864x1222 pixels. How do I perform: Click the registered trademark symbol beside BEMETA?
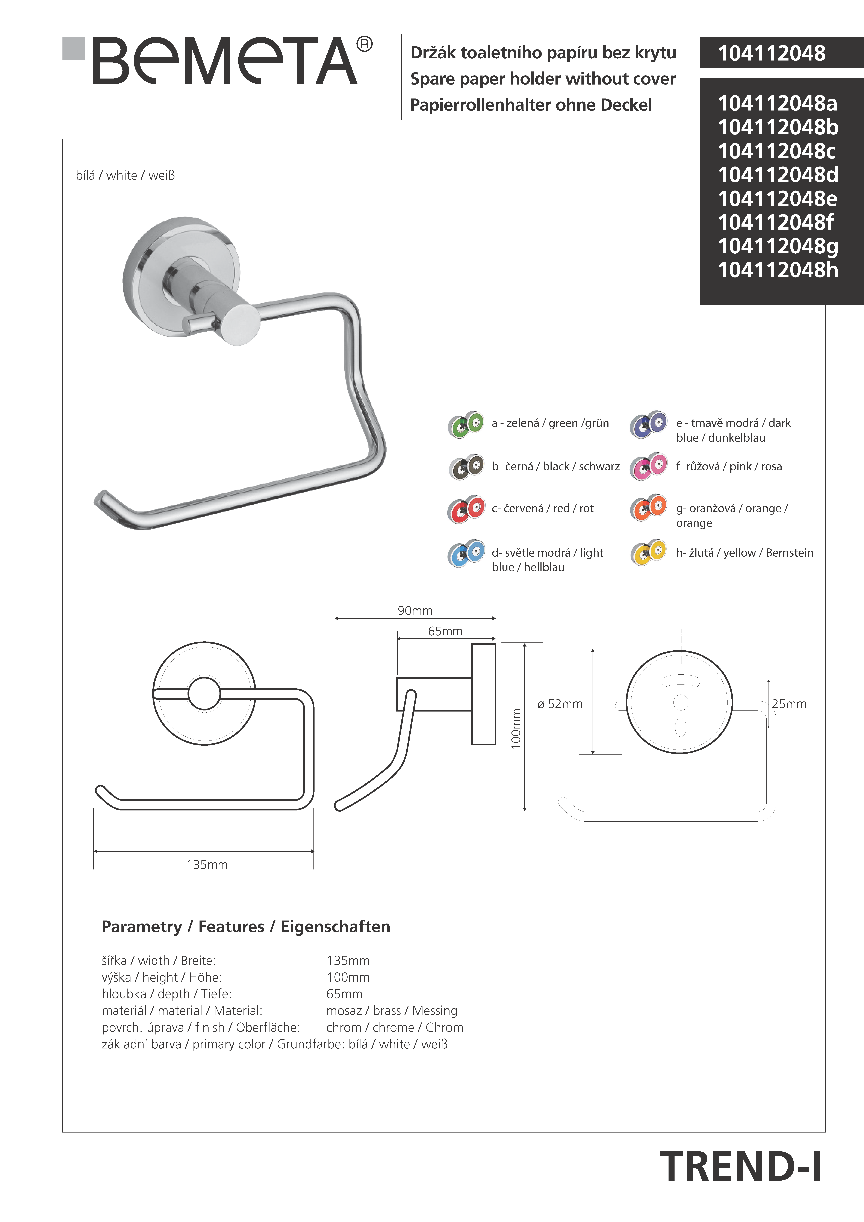[x=364, y=44]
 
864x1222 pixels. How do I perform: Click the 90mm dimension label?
[x=415, y=610]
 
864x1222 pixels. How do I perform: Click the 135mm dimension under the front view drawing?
[x=207, y=865]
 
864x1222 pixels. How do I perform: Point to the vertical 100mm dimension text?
[x=516, y=729]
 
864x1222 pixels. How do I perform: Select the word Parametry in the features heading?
[x=142, y=927]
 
